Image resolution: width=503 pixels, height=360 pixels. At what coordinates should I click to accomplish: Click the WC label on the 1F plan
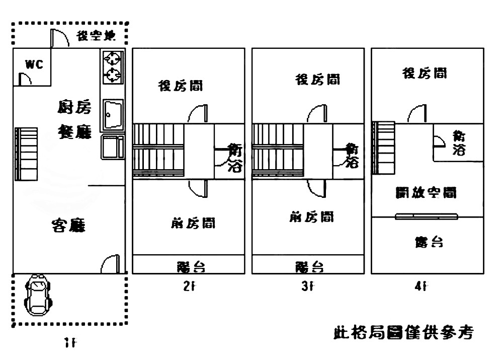point(35,64)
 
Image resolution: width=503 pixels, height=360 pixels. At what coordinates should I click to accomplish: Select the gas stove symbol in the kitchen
point(113,67)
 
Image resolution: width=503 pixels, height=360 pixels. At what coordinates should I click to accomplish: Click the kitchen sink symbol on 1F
point(113,115)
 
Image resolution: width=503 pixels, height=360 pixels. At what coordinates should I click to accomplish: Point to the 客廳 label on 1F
point(68,226)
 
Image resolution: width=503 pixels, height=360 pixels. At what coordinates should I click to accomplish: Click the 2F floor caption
point(188,287)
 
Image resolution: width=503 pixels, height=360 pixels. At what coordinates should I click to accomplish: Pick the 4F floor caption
point(421,287)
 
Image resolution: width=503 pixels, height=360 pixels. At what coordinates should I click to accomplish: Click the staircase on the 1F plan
point(27,154)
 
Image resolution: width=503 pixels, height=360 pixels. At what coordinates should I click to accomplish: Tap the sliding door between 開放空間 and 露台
point(427,217)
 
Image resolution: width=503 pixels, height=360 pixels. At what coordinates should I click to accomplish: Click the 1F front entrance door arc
point(111,264)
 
